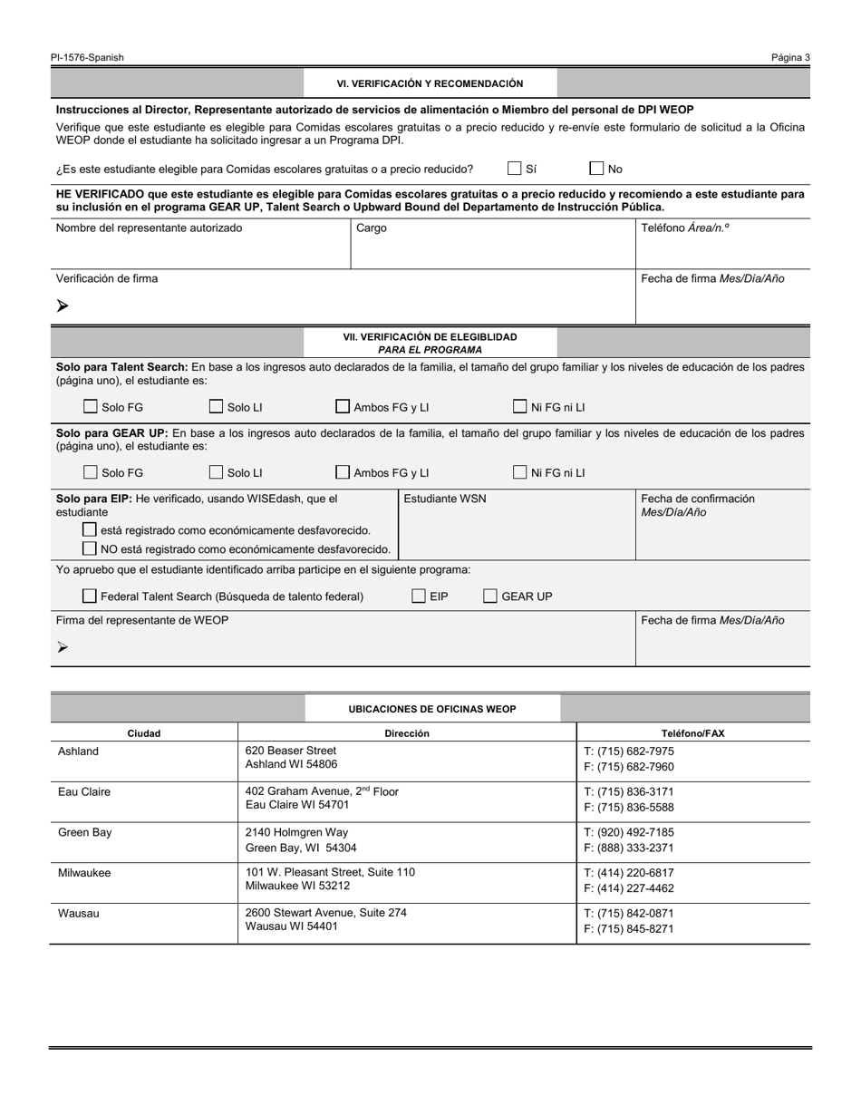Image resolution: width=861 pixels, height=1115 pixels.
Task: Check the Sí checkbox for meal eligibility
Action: click(515, 169)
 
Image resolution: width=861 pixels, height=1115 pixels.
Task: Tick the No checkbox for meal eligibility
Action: click(596, 169)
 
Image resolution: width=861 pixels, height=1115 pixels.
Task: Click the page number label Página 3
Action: click(790, 57)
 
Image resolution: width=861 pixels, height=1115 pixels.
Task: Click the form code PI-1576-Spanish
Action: click(88, 57)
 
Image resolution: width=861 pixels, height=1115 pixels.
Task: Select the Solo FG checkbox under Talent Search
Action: click(91, 407)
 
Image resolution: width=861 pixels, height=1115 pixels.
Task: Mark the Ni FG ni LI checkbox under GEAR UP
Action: click(520, 472)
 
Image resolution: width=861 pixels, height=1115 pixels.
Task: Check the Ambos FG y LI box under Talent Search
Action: click(343, 407)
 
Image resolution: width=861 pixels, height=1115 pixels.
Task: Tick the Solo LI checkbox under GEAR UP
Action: click(216, 472)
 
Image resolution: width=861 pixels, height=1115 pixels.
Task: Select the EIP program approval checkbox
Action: click(419, 596)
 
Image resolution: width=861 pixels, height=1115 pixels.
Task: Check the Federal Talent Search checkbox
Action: click(90, 596)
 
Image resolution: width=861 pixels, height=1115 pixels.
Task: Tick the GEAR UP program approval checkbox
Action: click(490, 596)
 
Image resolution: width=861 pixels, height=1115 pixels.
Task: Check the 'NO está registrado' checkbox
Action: click(90, 548)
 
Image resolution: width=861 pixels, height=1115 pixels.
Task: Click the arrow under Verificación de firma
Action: click(63, 306)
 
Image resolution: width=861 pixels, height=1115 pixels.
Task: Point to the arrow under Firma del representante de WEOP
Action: click(63, 647)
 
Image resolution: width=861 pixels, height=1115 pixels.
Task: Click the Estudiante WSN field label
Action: click(444, 499)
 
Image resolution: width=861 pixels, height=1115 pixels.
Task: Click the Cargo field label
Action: click(372, 228)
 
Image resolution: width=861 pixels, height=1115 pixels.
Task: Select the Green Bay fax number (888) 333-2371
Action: click(629, 848)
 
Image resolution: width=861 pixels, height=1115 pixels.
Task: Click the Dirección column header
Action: click(407, 733)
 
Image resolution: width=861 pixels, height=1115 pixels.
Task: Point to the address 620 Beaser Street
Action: click(290, 751)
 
